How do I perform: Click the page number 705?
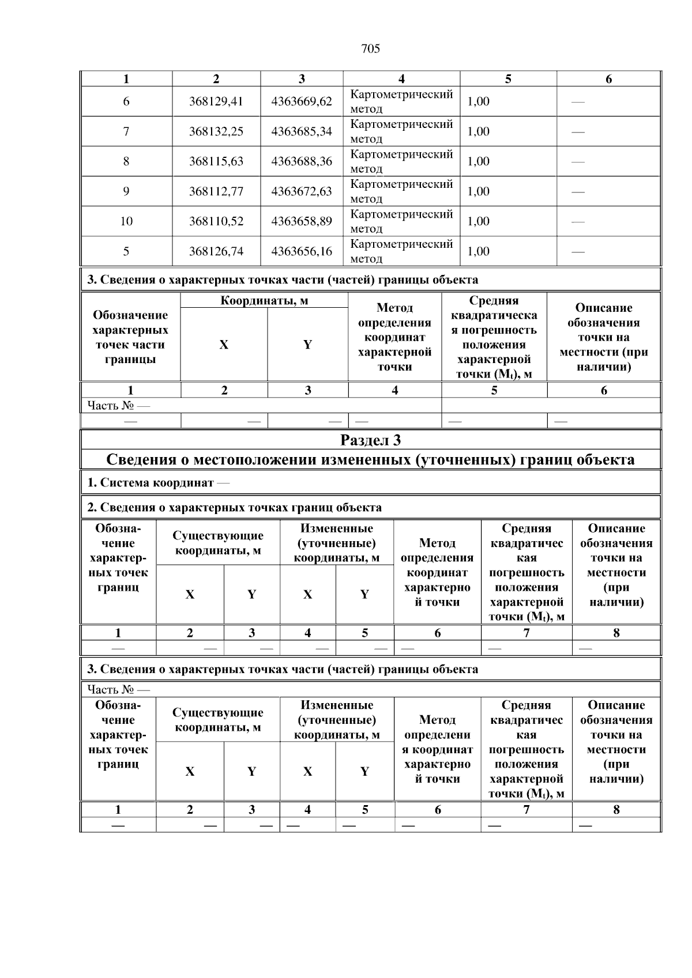point(370,49)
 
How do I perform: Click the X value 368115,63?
point(216,162)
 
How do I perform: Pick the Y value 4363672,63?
point(302,192)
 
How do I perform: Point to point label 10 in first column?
point(126,222)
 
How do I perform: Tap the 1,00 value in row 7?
point(478,132)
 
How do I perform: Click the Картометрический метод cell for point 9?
point(401,191)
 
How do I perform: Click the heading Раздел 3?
point(370,441)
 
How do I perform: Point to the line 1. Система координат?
point(157,483)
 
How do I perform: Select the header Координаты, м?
point(264,301)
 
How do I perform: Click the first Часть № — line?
point(118,406)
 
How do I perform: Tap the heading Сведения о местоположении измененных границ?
point(370,460)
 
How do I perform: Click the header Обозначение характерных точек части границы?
point(130,338)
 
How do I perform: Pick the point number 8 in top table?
point(126,162)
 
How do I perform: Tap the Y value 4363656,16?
point(302,252)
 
